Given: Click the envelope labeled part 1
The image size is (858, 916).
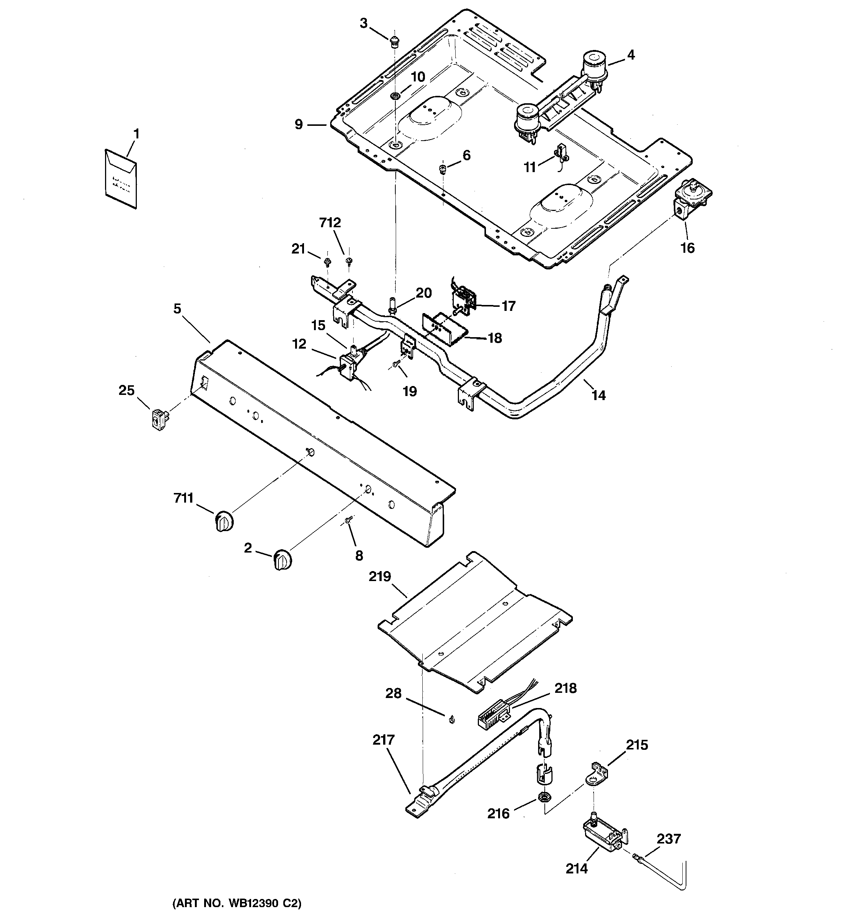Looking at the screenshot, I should (x=121, y=179).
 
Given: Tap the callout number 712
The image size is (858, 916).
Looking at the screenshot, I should (x=330, y=223).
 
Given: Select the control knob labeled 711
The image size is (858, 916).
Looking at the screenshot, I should (x=224, y=521).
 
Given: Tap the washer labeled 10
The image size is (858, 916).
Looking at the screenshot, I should (x=395, y=96).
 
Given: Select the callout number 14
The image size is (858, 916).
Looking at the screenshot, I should (x=598, y=395).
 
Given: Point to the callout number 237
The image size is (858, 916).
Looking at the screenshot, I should (x=668, y=839).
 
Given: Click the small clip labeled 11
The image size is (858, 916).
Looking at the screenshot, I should (x=561, y=152).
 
